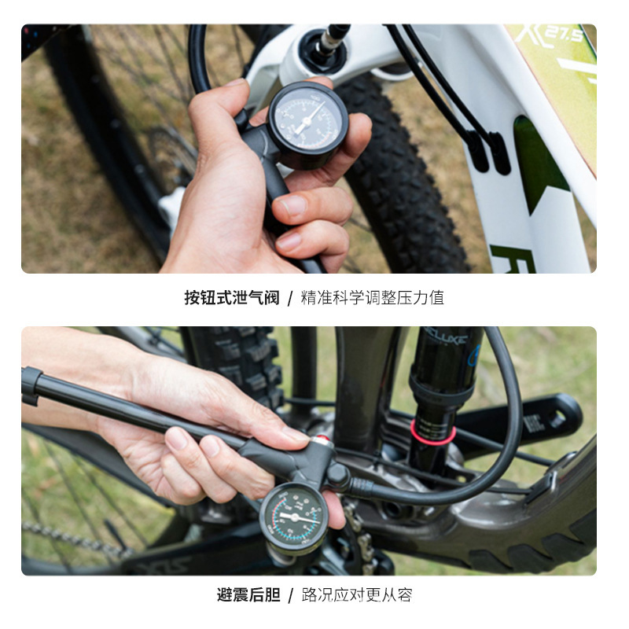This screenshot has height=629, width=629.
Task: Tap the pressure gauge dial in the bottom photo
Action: pyautogui.click(x=292, y=517)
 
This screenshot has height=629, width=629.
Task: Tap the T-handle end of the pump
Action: pyautogui.click(x=31, y=386)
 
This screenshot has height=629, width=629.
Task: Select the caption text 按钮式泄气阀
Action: pyautogui.click(x=231, y=298)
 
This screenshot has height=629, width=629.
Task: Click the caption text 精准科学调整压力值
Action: pyautogui.click(x=373, y=298)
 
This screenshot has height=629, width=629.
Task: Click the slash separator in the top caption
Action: pyautogui.click(x=290, y=298)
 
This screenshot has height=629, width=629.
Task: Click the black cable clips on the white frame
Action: pyautogui.click(x=488, y=149)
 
